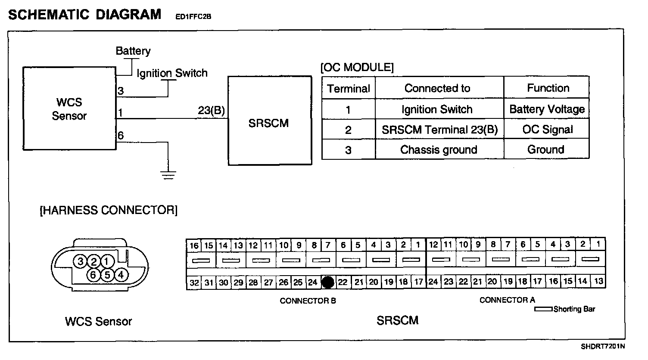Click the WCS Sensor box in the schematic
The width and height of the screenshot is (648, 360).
pyautogui.click(x=69, y=109)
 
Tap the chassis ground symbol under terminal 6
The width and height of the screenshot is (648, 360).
pyautogui.click(x=168, y=174)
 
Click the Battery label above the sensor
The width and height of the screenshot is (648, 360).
pyautogui.click(x=133, y=51)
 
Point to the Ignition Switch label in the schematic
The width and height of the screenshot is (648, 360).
pyautogui.click(x=172, y=73)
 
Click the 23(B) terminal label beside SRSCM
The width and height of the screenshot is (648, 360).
pyautogui.click(x=211, y=111)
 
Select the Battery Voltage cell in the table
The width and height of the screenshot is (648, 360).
pyautogui.click(x=546, y=109)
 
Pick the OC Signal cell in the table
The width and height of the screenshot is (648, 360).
pyautogui.click(x=547, y=129)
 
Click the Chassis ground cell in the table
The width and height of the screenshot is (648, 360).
pyautogui.click(x=439, y=149)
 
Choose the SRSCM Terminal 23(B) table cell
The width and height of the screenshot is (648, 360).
pyautogui.click(x=439, y=130)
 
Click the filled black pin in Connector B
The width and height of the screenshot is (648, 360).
pyautogui.click(x=328, y=282)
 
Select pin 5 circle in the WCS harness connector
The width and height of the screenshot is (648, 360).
pyautogui.click(x=107, y=274)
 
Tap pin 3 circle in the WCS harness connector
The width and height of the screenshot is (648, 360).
pyautogui.click(x=80, y=261)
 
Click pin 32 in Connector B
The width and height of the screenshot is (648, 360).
pyautogui.click(x=194, y=283)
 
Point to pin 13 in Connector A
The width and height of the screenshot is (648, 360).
pyautogui.click(x=598, y=282)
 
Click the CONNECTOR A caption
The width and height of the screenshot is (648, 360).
pyautogui.click(x=507, y=300)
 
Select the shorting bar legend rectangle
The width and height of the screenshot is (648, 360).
pyautogui.click(x=543, y=309)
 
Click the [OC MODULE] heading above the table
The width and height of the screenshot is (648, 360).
pyautogui.click(x=357, y=67)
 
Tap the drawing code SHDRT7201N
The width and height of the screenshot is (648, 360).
pyautogui.click(x=602, y=346)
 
